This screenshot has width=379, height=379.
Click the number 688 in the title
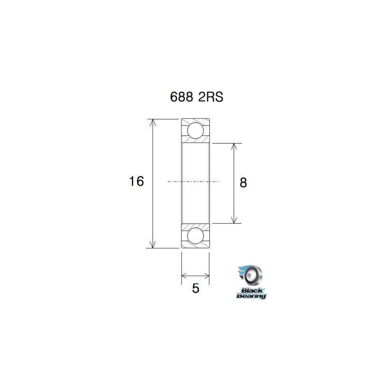[x=182, y=97]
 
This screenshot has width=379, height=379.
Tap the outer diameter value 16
[x=136, y=181]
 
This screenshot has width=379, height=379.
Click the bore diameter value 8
[x=244, y=183]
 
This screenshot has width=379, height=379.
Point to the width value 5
[x=196, y=289]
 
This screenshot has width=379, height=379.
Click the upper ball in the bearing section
[x=195, y=130]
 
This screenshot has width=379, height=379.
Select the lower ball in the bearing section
[x=195, y=235]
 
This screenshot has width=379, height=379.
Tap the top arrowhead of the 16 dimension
[x=153, y=122]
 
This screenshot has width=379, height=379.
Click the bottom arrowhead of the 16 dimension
[x=153, y=244]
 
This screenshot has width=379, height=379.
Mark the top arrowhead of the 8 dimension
[x=234, y=146]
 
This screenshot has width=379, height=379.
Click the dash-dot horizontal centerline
[x=194, y=182]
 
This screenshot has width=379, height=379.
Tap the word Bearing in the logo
[x=252, y=296]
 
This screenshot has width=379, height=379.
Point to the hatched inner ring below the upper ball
[x=195, y=141]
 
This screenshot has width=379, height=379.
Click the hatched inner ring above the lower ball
[x=195, y=225]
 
